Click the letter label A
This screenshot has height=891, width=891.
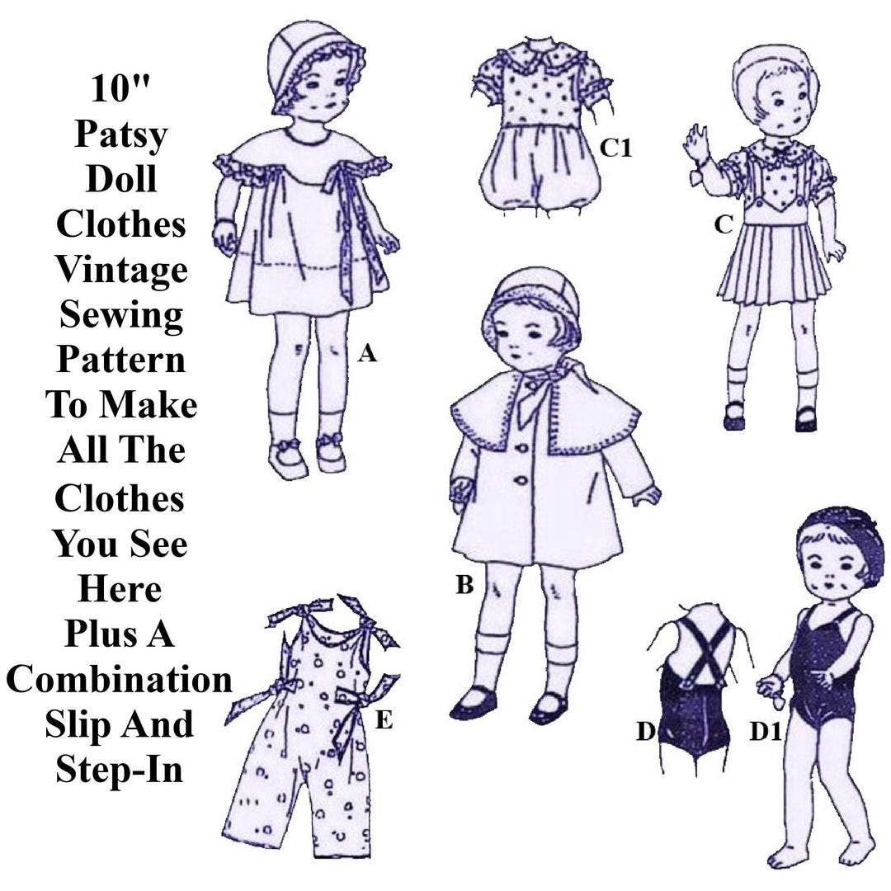(368, 355)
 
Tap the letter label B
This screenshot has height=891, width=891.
(464, 587)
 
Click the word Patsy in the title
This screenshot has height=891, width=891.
(120, 134)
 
